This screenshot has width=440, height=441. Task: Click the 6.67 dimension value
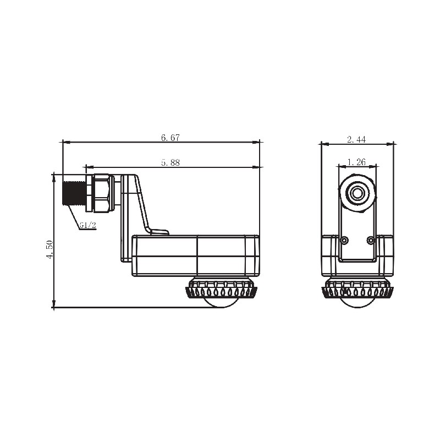point(170,138)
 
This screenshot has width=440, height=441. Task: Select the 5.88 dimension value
point(170,162)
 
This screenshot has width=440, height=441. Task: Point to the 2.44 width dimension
point(356,139)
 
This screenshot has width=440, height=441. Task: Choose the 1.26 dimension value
point(357,162)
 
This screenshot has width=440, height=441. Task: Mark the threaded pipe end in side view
point(73,193)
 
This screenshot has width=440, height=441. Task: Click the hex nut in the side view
point(102,193)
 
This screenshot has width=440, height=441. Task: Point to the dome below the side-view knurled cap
point(223,302)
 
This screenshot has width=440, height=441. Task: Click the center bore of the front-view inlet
point(358,193)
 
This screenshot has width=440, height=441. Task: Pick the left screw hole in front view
point(344,241)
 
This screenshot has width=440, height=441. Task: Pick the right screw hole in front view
point(370,241)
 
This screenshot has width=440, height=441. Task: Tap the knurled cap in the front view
point(358,288)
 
